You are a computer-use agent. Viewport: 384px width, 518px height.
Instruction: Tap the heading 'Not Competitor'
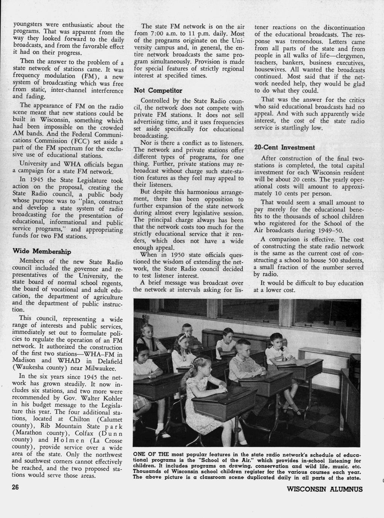coord(158,91)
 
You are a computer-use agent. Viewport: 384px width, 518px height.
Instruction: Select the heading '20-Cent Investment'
coord(285,147)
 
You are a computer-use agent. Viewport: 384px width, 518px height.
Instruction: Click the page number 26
coord(15,488)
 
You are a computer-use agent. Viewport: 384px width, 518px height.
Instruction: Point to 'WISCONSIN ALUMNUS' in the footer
coord(324,489)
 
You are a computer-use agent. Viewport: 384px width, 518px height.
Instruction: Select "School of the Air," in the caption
coord(215,460)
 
